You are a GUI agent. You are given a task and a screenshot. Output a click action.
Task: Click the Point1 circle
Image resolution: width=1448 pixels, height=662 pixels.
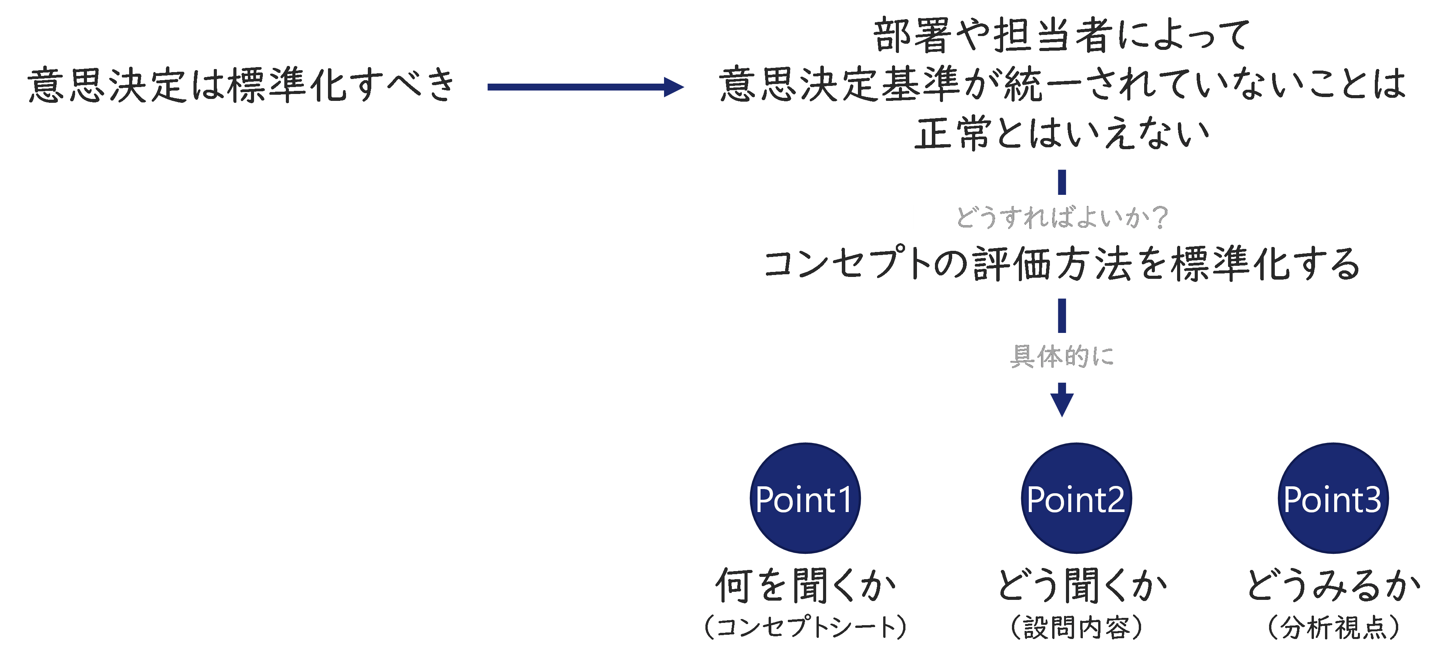805,498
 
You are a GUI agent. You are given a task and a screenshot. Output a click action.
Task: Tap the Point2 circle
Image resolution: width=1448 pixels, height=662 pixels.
1076,498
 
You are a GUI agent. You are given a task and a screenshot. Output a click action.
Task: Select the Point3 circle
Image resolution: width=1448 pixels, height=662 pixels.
1333,498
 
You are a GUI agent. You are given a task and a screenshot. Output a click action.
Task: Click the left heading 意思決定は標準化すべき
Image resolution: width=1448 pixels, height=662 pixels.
242,86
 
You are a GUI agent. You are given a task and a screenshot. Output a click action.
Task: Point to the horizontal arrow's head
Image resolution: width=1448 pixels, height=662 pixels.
674,87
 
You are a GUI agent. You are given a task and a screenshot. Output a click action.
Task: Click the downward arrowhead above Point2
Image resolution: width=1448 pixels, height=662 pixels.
1062,404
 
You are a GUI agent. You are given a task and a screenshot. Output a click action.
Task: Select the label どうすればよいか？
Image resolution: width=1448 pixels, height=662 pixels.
1062,217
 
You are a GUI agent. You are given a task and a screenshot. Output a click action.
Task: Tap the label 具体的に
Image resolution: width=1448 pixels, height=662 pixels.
1062,357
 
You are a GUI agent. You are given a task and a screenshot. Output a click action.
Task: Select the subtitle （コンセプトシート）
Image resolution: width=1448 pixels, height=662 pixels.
805,627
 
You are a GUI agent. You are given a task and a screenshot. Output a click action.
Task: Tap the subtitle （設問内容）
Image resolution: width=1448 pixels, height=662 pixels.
1076,627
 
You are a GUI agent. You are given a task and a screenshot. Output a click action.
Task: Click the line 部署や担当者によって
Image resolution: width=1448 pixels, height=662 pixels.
1062,35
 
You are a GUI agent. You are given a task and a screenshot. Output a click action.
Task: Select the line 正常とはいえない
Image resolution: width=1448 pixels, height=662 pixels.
1062,134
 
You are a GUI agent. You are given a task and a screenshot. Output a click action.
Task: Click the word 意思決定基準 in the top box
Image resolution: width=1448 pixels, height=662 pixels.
840,85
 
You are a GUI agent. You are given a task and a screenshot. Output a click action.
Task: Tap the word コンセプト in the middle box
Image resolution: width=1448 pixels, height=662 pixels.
848,264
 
